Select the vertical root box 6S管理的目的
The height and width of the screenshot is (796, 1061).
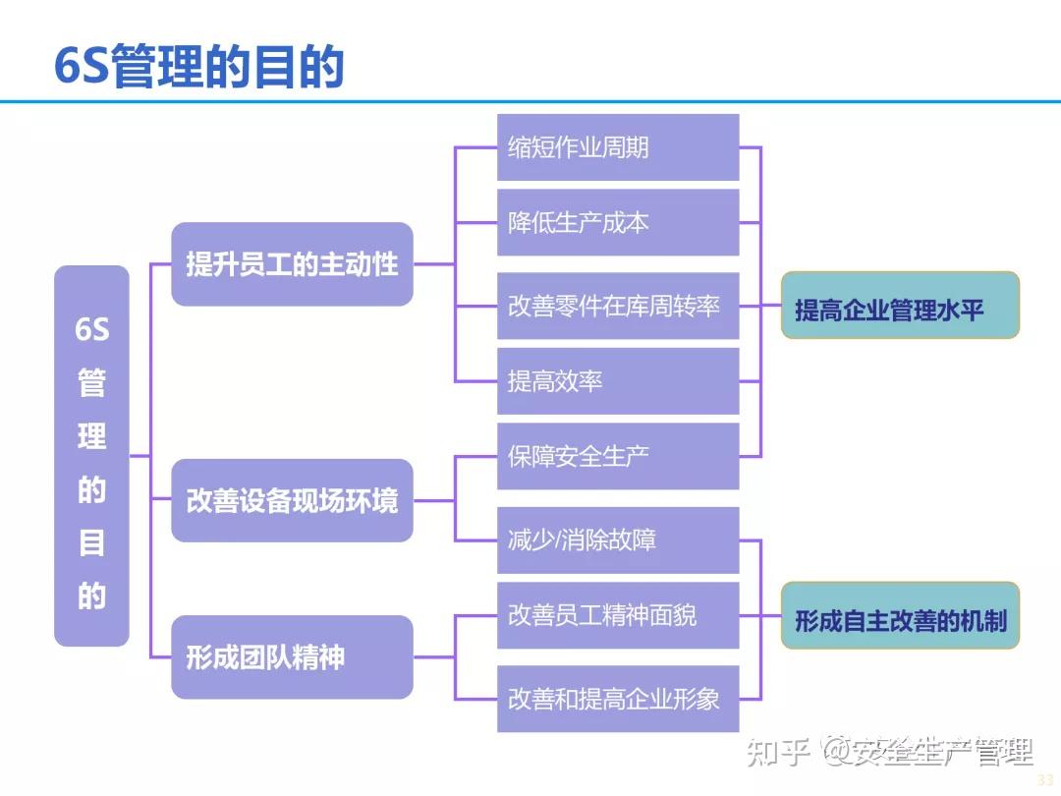click(x=91, y=455)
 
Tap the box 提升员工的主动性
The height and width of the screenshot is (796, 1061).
click(x=292, y=264)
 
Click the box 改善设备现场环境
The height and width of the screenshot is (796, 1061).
click(x=292, y=500)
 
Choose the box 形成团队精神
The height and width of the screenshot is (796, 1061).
click(x=292, y=656)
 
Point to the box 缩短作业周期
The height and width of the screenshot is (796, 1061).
click(x=617, y=147)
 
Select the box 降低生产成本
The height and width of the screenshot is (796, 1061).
click(x=617, y=222)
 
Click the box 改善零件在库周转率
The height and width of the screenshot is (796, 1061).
click(x=617, y=306)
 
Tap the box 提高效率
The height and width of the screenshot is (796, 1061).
click(x=617, y=381)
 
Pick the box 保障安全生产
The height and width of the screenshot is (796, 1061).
click(x=617, y=456)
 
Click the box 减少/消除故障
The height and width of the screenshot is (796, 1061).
click(x=617, y=540)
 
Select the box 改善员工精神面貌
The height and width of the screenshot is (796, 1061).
click(x=617, y=615)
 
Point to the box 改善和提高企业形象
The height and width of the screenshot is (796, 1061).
click(x=617, y=699)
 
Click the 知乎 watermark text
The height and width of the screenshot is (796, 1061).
click(x=778, y=753)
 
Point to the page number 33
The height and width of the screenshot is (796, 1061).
click(x=1045, y=779)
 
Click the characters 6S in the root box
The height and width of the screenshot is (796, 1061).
click(x=91, y=329)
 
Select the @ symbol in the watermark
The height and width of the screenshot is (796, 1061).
click(x=835, y=753)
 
